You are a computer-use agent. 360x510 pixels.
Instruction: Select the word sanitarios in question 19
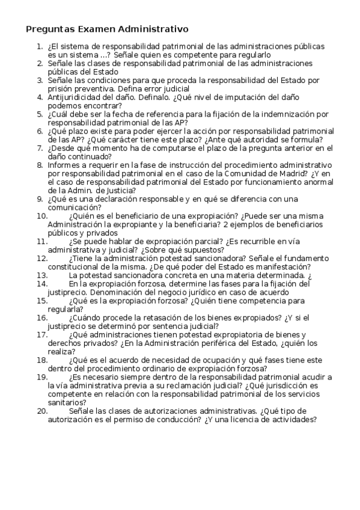click(67, 402)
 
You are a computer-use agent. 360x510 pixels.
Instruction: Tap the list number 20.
click(42, 411)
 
